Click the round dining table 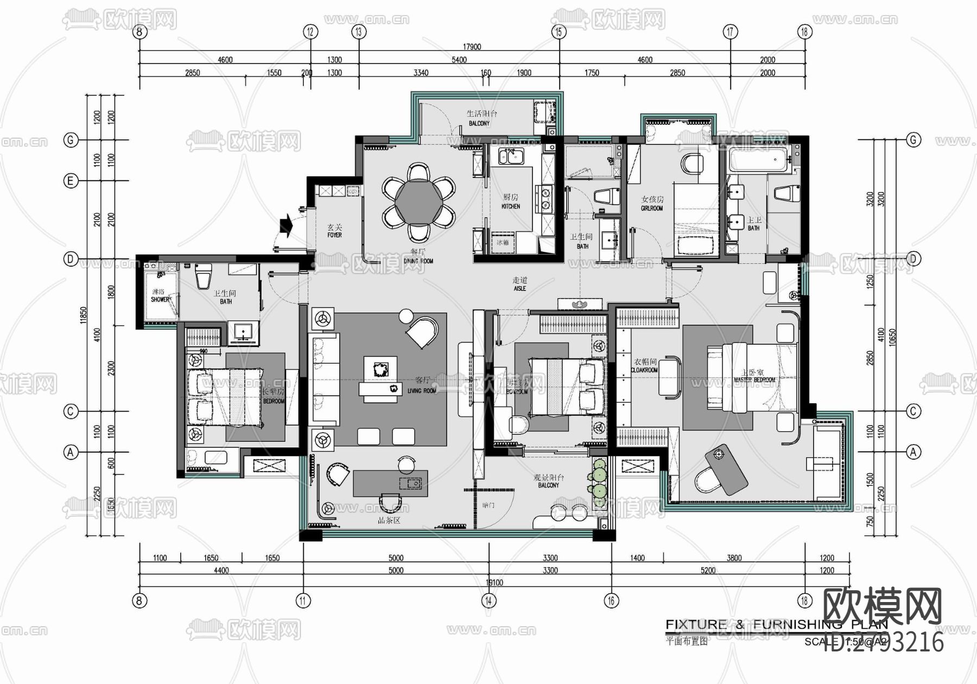tap(417, 202)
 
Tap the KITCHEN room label tap(511, 206)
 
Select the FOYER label tap(334, 235)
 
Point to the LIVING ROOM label tap(422, 390)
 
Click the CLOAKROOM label tap(644, 370)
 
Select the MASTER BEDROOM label tap(754, 379)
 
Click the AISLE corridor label tap(519, 288)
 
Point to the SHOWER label tap(160, 299)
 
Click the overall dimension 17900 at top tap(472, 47)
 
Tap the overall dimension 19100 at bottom tap(494, 582)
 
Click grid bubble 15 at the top tap(559, 31)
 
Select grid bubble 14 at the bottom tap(488, 600)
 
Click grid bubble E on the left tap(70, 181)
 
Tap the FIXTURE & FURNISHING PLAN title tap(776, 625)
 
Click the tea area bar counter tap(390, 483)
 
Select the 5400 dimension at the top tap(459, 60)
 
